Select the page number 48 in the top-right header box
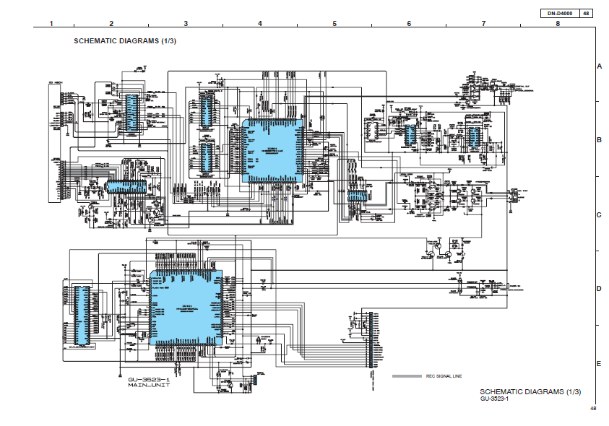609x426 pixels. coord(586,14)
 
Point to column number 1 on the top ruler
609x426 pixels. coord(51,24)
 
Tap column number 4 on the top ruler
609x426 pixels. coord(260,24)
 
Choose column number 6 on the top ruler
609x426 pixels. coord(409,24)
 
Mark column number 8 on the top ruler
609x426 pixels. coord(558,24)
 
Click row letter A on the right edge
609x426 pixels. coord(599,66)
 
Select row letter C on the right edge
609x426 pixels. coord(599,214)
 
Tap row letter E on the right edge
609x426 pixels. coord(599,363)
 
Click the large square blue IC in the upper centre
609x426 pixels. coord(272,150)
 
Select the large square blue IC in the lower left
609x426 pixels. coord(186,308)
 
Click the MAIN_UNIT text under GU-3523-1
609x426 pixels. coord(149,386)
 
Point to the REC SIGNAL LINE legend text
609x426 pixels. coord(444,376)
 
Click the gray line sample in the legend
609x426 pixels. coord(407,376)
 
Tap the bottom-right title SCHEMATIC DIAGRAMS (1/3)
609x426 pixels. coord(530,391)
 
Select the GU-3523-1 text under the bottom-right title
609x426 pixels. coord(495,399)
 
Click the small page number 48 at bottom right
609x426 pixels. coord(592,409)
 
